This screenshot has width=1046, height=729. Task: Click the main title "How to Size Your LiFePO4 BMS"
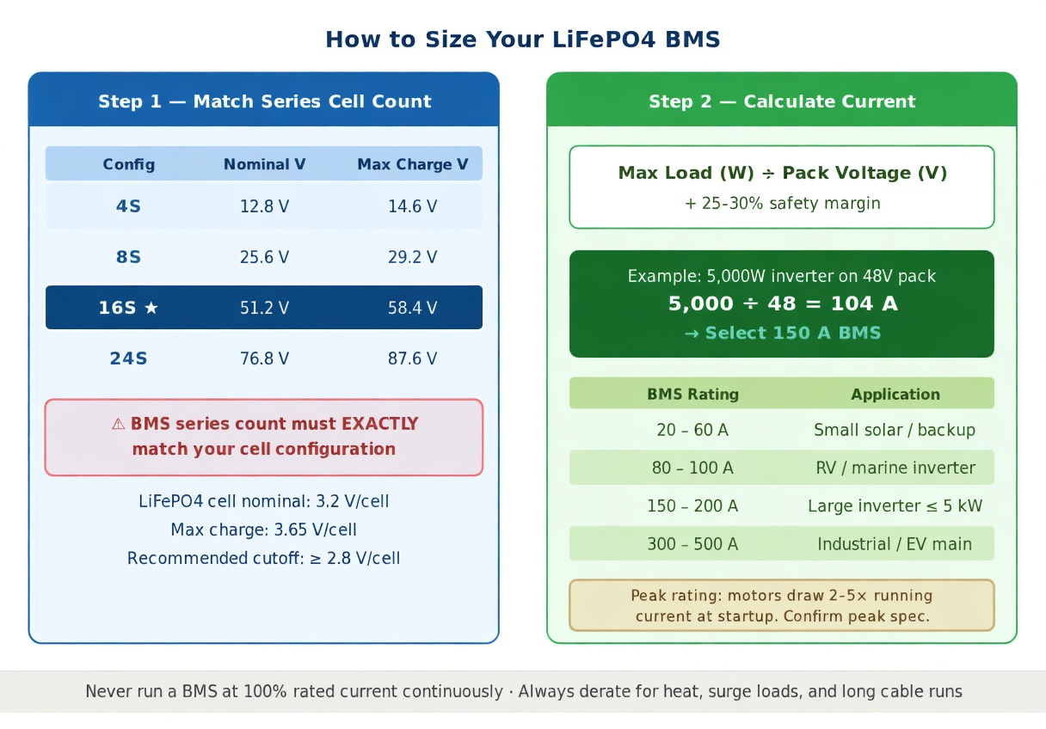click(x=522, y=40)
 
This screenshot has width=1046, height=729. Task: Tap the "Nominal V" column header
click(x=264, y=164)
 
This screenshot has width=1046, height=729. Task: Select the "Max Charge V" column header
click(x=412, y=164)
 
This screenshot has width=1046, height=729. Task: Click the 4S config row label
click(x=128, y=206)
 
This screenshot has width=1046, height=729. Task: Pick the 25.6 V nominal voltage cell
click(x=264, y=257)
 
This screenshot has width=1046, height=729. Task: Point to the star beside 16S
click(x=151, y=308)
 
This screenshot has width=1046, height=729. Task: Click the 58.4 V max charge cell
click(x=412, y=308)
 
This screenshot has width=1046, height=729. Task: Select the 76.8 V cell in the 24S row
click(x=264, y=358)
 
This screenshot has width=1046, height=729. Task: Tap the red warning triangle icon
click(x=118, y=424)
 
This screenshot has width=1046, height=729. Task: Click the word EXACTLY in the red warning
click(x=379, y=424)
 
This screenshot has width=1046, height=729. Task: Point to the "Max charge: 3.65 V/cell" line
click(x=263, y=530)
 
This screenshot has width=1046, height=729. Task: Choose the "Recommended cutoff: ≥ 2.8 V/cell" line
click(x=263, y=558)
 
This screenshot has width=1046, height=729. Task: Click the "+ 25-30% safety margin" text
click(x=782, y=204)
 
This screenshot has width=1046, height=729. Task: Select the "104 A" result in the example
click(x=864, y=303)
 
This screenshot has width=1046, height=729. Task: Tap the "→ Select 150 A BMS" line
click(x=782, y=333)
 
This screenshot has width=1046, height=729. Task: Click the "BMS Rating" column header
click(x=693, y=395)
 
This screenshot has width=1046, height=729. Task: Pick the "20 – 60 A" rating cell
click(x=692, y=430)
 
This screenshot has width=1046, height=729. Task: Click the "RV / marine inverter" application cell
click(x=895, y=468)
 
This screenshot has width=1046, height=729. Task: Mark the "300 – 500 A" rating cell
click(x=692, y=544)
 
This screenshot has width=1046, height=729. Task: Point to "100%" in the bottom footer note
click(x=265, y=691)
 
